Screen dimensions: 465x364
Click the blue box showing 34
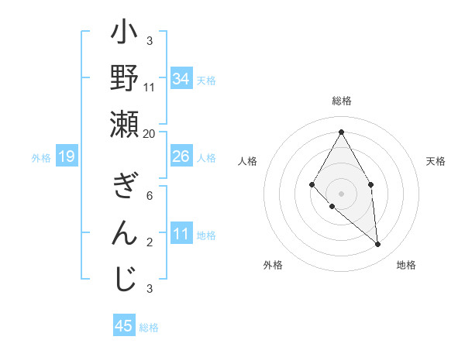[181, 79]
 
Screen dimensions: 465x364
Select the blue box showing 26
[181, 157]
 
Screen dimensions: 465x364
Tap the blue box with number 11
[181, 235]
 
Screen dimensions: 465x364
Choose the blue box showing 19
[67, 157]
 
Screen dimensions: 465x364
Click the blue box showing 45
[124, 326]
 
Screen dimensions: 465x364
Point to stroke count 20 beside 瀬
[150, 133]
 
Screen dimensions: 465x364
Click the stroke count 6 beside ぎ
[150, 195]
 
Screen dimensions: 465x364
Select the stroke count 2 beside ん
[150, 242]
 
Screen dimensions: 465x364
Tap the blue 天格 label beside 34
[206, 81]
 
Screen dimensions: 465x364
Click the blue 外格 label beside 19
[41, 158]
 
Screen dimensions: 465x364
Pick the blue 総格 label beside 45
[149, 328]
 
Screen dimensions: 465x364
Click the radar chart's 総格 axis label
[342, 101]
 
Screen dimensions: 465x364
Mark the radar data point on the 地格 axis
[377, 245]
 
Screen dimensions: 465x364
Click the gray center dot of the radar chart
[341, 193]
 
